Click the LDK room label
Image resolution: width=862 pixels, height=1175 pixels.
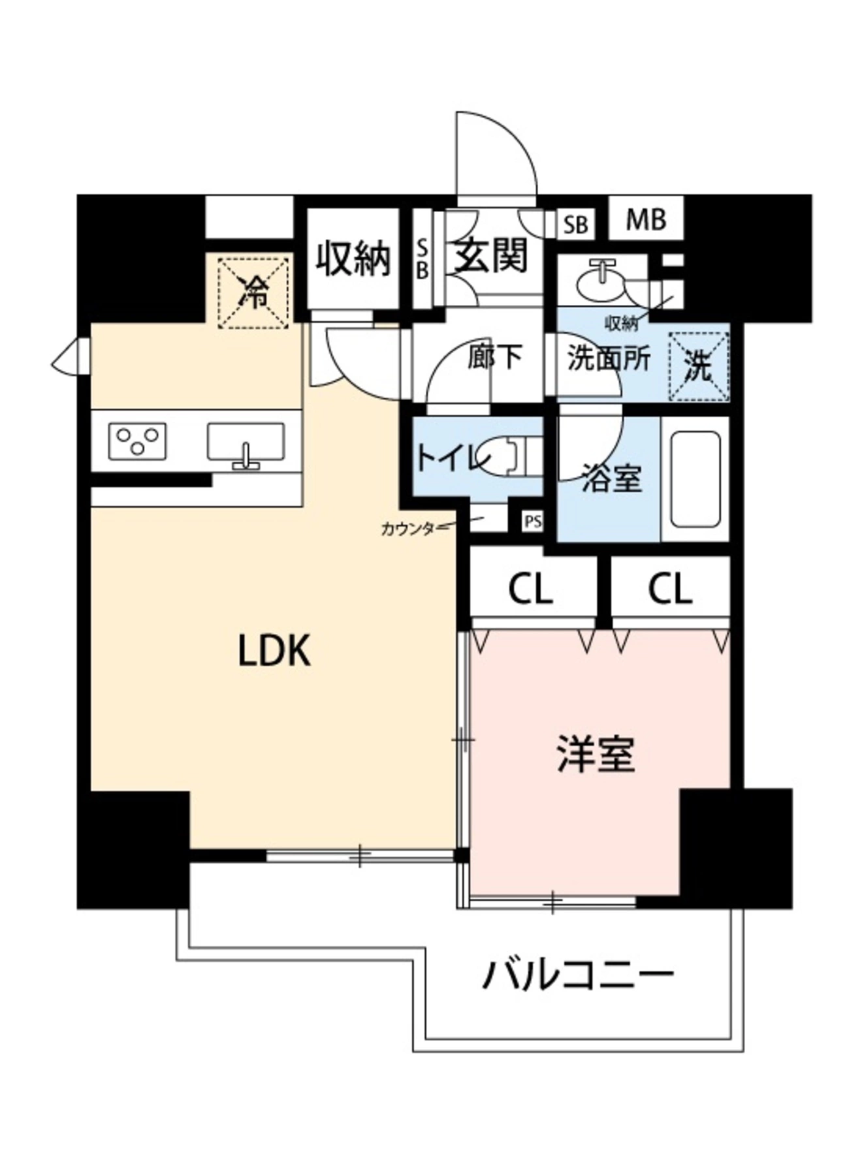[274, 651]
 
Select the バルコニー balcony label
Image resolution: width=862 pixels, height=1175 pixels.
[577, 976]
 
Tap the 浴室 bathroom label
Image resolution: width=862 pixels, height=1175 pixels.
[611, 478]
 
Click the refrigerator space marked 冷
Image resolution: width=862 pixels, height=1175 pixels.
[253, 292]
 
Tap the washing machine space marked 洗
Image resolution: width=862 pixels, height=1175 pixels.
[698, 367]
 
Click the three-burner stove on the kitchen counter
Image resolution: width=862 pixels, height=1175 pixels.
[137, 441]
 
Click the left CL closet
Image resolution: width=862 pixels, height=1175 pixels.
[530, 589]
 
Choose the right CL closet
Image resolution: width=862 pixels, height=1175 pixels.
[670, 589]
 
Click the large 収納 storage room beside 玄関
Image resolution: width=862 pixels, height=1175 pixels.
[353, 258]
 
